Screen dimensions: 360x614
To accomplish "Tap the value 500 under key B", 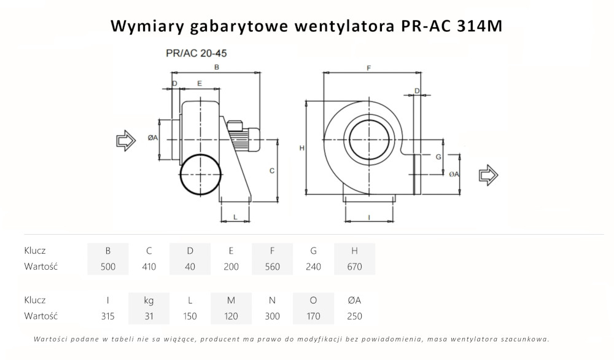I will pos(108,267).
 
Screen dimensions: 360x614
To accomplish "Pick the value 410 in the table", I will pos(149,267).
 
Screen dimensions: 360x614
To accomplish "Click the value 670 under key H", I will pos(354,267).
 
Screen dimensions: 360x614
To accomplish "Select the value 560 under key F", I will pos(272,267).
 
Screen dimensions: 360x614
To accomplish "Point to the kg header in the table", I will pos(149,300).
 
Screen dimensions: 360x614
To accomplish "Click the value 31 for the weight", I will pos(149,316).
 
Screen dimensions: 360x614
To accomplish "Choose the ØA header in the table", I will pos(354,300).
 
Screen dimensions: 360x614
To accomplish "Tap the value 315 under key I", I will pos(108,316).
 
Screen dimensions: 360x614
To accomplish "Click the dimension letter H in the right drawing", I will pos(301,148).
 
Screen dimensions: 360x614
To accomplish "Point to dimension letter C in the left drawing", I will pos(272,171).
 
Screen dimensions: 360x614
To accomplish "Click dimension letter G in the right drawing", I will pos(438,157).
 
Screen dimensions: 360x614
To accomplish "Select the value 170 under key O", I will pos(313,316).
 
